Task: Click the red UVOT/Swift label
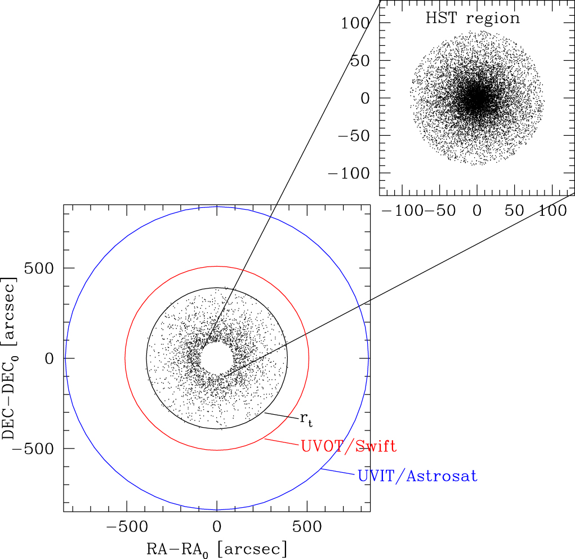[x=349, y=447]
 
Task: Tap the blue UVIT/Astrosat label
[x=417, y=477]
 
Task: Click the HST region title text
[x=473, y=18]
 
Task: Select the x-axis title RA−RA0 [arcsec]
[x=217, y=548]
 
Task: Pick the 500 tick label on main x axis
[x=306, y=527]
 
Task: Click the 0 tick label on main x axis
[x=217, y=527]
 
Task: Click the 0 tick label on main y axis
[x=51, y=358]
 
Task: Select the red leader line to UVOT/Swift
[x=281, y=442]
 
